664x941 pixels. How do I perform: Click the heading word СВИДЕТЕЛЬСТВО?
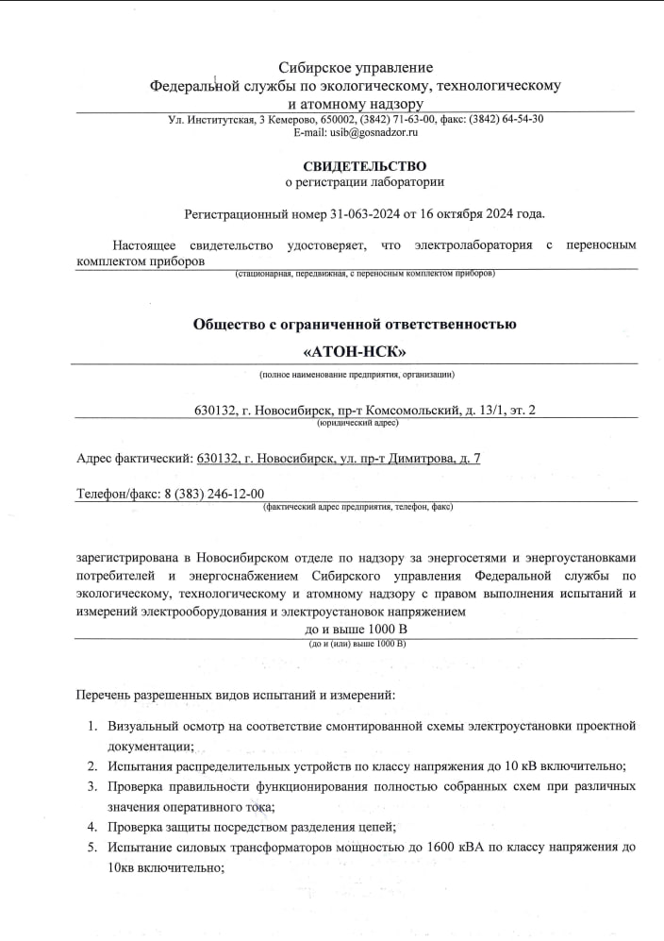click(x=357, y=166)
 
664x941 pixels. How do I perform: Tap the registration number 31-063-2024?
click(x=368, y=214)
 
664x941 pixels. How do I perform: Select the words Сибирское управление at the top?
click(x=356, y=67)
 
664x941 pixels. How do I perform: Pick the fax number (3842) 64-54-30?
click(x=505, y=119)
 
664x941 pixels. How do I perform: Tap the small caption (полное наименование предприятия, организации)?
click(x=357, y=375)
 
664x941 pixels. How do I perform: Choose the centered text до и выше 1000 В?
click(x=356, y=629)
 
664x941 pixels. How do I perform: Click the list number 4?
click(x=92, y=827)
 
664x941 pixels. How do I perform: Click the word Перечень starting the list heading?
click(x=104, y=696)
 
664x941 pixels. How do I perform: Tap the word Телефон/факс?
click(x=114, y=494)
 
